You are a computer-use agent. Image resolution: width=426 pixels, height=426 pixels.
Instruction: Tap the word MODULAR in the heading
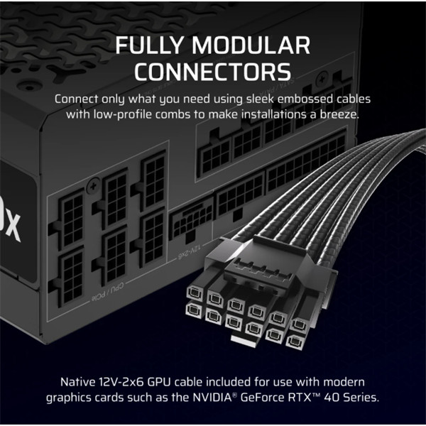[251, 45]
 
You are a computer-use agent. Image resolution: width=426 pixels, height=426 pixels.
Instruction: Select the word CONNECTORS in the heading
[213, 72]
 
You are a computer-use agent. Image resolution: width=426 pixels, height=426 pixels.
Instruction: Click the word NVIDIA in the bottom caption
[212, 398]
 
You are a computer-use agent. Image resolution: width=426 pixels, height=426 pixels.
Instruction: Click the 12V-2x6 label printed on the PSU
[190, 252]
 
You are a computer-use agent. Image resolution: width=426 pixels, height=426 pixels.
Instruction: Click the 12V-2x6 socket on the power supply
[192, 221]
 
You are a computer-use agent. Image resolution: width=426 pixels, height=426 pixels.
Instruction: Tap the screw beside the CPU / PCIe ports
[93, 186]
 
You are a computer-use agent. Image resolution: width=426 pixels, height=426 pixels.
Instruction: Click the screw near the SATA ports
[322, 80]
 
